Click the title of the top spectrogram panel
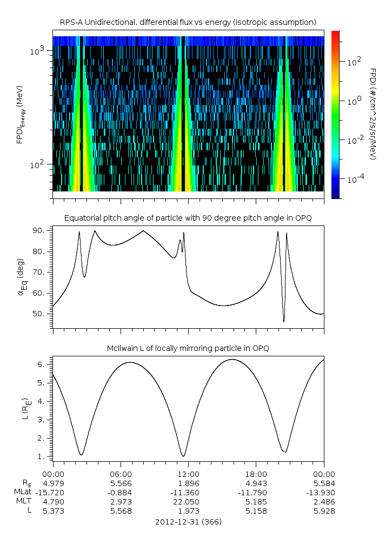tap(188, 22)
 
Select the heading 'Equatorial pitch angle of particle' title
tap(188, 218)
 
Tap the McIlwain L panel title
tap(188, 348)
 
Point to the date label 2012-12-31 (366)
tap(188, 522)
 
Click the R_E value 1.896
tap(188, 483)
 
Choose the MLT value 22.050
tap(188, 501)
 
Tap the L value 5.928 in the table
tap(324, 510)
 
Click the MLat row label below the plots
tap(24, 492)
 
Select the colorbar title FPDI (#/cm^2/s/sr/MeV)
tap(373, 114)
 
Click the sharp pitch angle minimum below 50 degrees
tap(284, 322)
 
